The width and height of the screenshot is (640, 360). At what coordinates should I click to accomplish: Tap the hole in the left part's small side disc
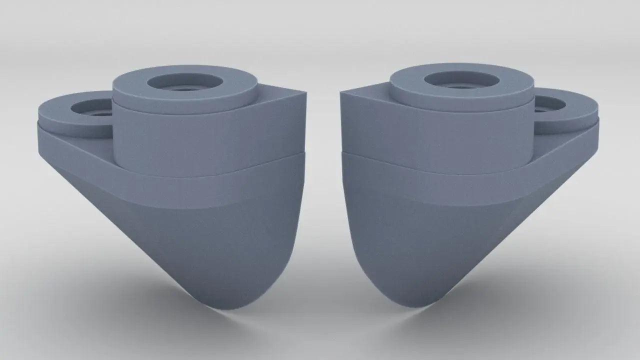coord(95,108)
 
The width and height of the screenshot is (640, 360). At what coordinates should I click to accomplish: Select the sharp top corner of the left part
coord(304,95)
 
